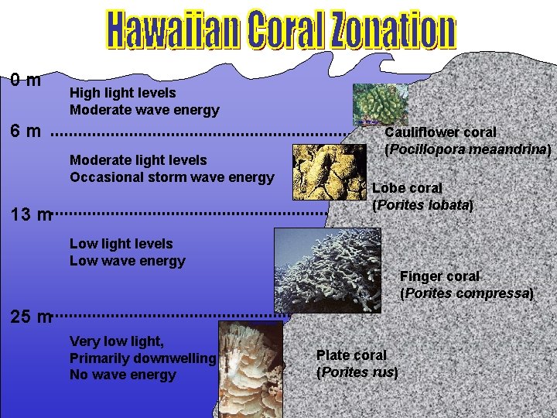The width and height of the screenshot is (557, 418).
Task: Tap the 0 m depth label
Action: tap(26, 80)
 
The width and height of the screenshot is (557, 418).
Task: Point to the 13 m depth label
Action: tap(31, 214)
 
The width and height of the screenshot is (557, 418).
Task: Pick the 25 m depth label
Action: tap(31, 316)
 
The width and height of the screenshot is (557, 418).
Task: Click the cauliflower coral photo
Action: tap(379, 104)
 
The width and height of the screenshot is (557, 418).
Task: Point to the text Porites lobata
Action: tap(422, 206)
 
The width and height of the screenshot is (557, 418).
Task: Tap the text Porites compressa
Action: tap(466, 294)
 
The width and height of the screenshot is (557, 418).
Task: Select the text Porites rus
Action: tap(357, 372)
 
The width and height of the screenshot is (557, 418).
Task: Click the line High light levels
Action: tap(123, 93)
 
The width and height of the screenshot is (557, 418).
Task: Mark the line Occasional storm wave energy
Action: tap(172, 177)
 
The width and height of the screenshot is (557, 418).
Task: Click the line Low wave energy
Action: tap(128, 261)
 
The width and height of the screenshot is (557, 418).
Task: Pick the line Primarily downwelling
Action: tap(142, 358)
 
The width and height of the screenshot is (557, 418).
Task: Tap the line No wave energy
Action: tap(123, 375)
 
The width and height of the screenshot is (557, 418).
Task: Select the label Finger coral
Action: tap(439, 276)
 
